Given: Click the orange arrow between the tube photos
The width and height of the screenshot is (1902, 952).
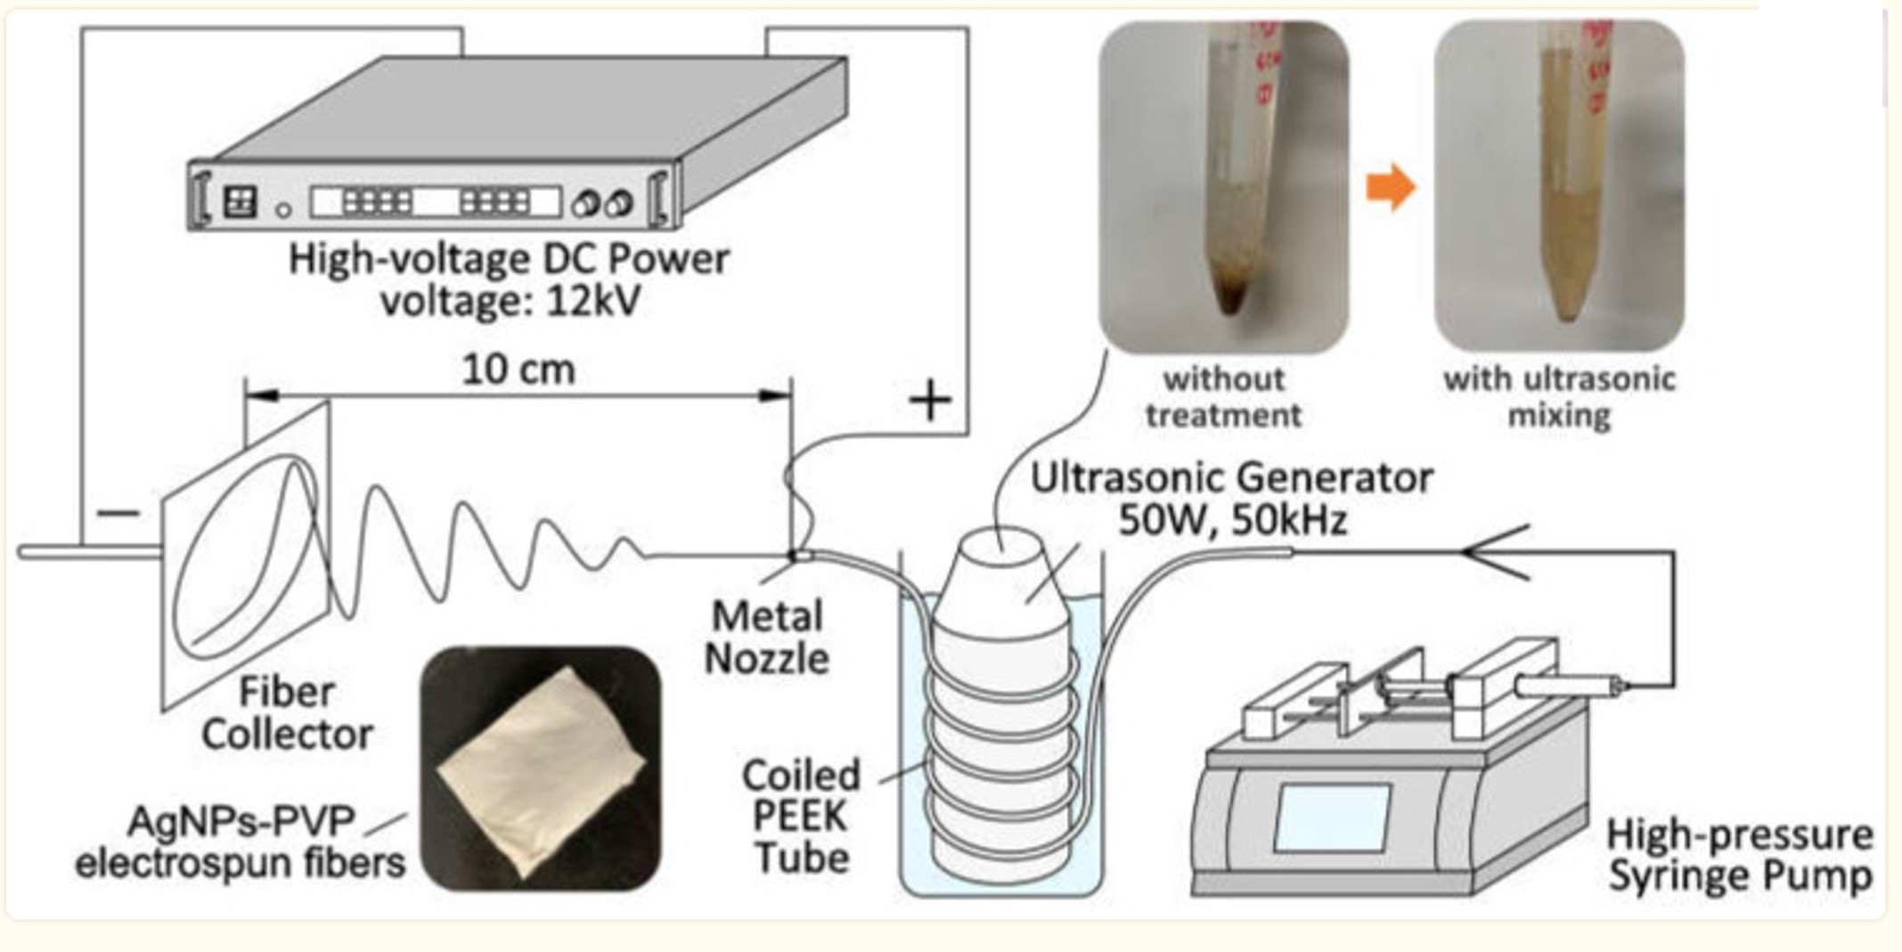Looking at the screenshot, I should tap(1390, 188).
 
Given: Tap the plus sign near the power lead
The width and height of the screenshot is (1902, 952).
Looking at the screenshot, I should tap(930, 400).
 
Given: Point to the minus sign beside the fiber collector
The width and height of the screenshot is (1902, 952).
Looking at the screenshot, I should tap(118, 513).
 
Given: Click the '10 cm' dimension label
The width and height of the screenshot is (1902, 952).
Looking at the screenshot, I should tap(518, 369).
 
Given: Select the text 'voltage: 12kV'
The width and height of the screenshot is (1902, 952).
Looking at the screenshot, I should tap(510, 301).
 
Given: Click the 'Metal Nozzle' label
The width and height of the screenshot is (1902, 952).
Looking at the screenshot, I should tap(766, 638).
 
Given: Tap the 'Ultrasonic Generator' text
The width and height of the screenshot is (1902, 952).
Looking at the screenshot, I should tap(1231, 478).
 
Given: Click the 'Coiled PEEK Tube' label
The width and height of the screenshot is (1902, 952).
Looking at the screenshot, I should tap(801, 816).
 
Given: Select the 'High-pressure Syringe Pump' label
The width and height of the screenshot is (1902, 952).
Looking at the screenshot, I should tap(1739, 855).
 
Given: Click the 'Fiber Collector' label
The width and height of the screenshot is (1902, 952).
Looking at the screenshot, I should tap(287, 712).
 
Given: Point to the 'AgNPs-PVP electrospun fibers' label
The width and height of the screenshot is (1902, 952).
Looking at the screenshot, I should tap(241, 842).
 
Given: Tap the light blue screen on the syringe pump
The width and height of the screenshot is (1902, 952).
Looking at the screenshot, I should tap(1332, 818).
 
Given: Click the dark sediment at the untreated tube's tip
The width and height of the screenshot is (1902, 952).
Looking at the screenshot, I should tap(1229, 294).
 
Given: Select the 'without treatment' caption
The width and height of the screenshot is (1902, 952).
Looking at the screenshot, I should tap(1223, 397).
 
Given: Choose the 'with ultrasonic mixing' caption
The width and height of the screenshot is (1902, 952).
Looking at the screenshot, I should tap(1559, 397).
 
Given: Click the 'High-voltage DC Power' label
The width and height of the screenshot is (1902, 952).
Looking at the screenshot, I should tap(509, 259).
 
